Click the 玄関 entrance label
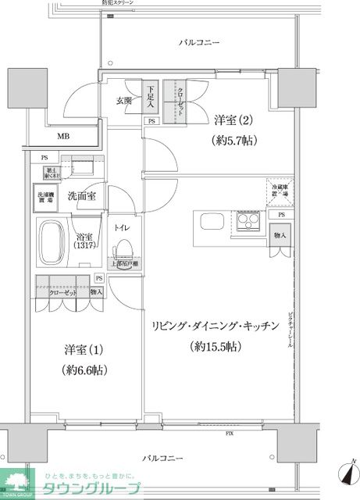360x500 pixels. (x=124, y=100)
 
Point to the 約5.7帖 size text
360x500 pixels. (x=235, y=141)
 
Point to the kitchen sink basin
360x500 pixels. (x=212, y=221)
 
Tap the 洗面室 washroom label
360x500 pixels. (x=81, y=196)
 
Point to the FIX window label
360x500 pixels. (x=230, y=432)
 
